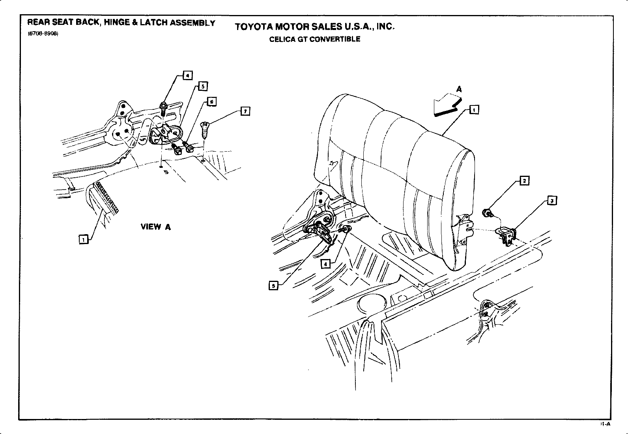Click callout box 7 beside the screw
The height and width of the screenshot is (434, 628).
pyautogui.click(x=245, y=112)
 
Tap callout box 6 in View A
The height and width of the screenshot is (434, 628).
pyautogui.click(x=212, y=102)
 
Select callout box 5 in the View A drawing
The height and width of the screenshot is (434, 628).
pyautogui.click(x=202, y=86)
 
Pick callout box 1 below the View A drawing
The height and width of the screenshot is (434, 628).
pyautogui.click(x=83, y=239)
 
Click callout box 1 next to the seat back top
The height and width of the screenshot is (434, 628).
pyautogui.click(x=474, y=110)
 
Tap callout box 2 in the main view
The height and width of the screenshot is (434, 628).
pyautogui.click(x=524, y=181)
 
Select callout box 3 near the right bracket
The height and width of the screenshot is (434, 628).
pyautogui.click(x=552, y=201)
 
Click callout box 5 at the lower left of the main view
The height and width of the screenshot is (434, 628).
pyautogui.click(x=273, y=285)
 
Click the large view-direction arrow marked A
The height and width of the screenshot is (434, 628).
pyautogui.click(x=445, y=104)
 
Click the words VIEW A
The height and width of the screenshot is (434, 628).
pyautogui.click(x=156, y=227)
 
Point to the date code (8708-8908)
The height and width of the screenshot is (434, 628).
pyautogui.click(x=43, y=34)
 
